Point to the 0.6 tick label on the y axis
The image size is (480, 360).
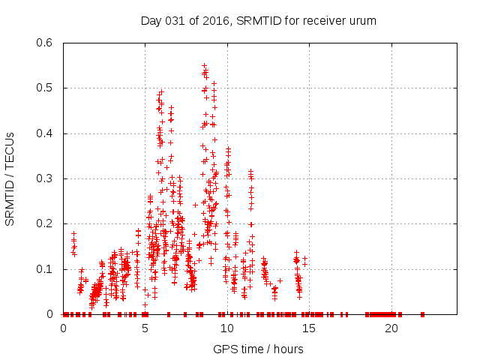point(46,43)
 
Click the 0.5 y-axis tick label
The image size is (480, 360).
point(46,88)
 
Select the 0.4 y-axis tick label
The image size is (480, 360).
point(46,133)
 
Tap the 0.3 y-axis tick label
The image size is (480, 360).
point(46,178)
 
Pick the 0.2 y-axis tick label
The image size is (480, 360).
point(46,223)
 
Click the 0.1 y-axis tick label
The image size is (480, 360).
point(46,268)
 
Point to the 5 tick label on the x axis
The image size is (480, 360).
point(145,328)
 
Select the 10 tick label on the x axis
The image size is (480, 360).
point(227,328)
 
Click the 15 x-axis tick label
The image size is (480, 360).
point(310,328)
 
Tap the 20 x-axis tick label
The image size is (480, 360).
point(391,328)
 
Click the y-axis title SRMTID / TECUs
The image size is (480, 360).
point(10,178)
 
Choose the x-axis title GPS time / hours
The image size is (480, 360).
point(258,349)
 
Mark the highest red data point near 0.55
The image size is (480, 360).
point(204,65)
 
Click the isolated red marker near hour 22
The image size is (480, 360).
point(424,314)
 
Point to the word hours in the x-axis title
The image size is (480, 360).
point(288,349)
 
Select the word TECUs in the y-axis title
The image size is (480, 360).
point(10,151)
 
